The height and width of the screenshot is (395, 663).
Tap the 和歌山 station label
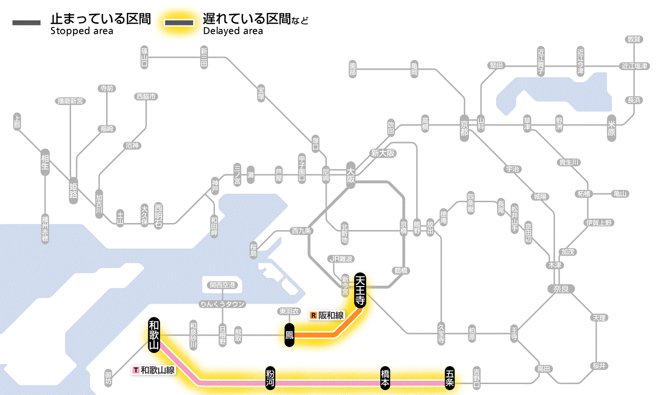[x=153, y=334]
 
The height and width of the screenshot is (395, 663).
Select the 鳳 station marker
[x=289, y=335]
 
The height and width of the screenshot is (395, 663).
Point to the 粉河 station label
[x=269, y=379]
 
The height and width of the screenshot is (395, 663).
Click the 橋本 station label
[x=385, y=379]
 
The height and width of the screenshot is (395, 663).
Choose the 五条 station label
[x=449, y=379]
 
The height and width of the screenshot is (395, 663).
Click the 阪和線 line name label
[x=331, y=315]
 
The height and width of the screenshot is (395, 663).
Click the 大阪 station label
[x=350, y=174]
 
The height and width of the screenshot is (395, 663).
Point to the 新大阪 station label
[x=383, y=153]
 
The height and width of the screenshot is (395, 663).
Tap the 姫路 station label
[x=73, y=190]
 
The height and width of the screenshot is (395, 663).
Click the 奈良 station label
[x=561, y=288]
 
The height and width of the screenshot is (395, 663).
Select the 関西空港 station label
[x=225, y=285]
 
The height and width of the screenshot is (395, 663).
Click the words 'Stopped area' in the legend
[x=82, y=31]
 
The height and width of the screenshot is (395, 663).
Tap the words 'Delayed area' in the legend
[x=233, y=31]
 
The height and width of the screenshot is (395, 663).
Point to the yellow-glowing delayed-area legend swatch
[x=179, y=23]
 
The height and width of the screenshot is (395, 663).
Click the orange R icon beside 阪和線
[x=313, y=315]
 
